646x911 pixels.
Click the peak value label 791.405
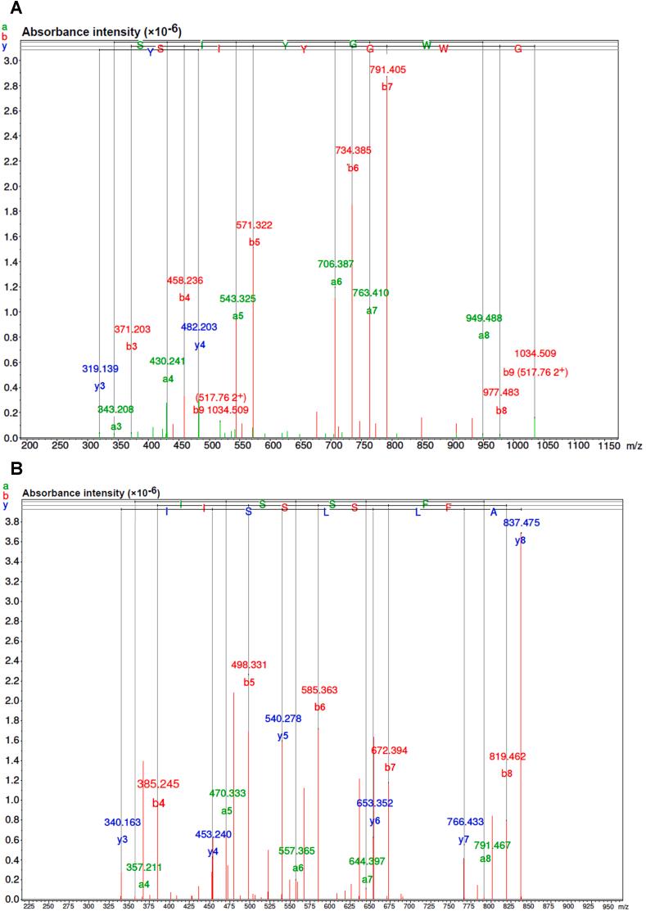click(x=387, y=70)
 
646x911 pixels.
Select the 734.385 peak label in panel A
click(x=353, y=151)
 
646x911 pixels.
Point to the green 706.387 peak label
click(x=336, y=264)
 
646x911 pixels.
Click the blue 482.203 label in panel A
click(x=199, y=327)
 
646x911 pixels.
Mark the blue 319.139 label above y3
click(x=100, y=369)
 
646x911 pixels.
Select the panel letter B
click(x=8, y=471)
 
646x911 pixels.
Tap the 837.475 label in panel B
click(x=522, y=523)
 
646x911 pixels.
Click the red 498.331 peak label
click(x=249, y=665)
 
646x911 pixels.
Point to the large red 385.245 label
click(x=159, y=783)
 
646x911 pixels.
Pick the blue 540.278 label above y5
click(x=282, y=719)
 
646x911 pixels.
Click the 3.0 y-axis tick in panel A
click(x=10, y=61)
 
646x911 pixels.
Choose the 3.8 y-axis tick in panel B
click(x=10, y=521)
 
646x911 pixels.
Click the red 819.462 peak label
click(x=507, y=757)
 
